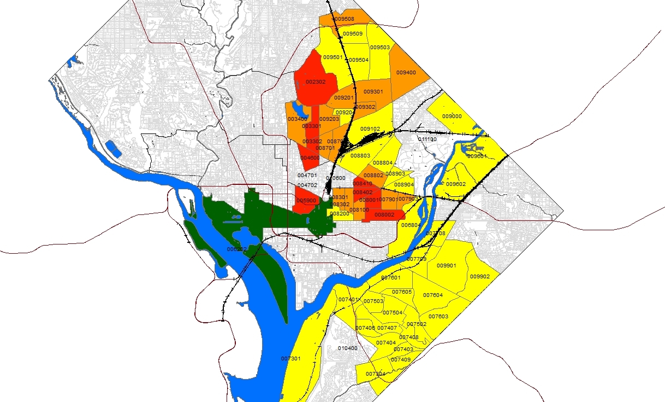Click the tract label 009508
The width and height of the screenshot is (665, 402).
coord(344,19)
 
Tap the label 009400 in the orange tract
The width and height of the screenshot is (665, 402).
coord(406,72)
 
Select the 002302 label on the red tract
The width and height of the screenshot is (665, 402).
coord(316,81)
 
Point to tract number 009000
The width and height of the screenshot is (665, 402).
coord(452,116)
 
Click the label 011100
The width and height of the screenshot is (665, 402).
coord(428,139)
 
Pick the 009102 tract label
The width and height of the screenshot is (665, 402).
coord(370,129)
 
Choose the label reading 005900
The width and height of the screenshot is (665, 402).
coord(306,201)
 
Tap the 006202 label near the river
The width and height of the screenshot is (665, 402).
coord(237,249)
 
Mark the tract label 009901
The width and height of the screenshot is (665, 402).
coord(446,266)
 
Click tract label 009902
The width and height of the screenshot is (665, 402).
coord(480,276)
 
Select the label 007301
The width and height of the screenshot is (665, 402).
coord(290,358)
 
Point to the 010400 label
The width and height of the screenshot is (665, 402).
coord(348,348)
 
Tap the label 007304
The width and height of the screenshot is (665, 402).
coord(376,374)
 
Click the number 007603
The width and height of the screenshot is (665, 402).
coord(438,317)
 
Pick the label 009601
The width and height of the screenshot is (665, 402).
coord(476,156)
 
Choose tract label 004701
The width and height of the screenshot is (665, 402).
coord(307,175)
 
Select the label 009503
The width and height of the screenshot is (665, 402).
coord(379,48)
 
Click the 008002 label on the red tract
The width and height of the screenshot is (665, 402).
coord(384,215)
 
